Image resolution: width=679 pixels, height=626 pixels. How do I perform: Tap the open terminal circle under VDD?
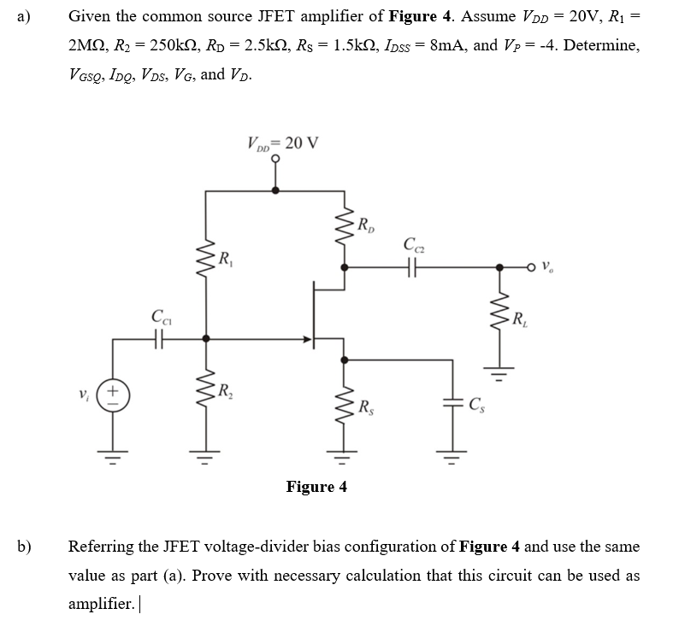point(275,167)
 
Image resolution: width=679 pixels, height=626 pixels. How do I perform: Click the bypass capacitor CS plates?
point(450,405)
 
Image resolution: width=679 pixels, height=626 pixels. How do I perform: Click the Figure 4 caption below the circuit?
point(316,487)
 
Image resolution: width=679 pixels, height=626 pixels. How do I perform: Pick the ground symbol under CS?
point(450,453)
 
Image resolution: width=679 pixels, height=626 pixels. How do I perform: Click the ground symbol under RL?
point(501,372)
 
